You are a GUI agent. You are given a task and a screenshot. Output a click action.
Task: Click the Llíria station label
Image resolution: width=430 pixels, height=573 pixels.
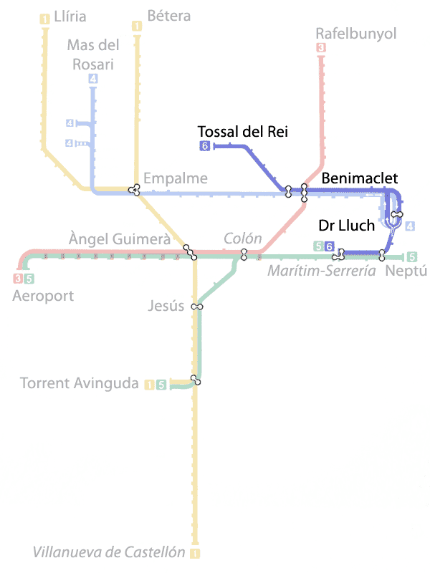point(70,16)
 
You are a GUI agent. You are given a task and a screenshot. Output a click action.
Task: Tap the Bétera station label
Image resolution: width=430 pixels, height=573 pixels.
point(168,16)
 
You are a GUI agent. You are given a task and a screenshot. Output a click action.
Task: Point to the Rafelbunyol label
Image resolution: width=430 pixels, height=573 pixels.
point(355,34)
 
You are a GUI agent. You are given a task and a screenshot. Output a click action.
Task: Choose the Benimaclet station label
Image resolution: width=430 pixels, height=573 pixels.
point(359,178)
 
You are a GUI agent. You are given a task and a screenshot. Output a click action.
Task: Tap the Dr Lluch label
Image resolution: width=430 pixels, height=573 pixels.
point(346,226)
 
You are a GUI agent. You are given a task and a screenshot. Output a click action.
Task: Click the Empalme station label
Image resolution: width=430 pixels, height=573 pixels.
point(175,178)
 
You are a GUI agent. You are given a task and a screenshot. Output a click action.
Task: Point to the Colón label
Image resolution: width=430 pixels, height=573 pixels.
point(242,238)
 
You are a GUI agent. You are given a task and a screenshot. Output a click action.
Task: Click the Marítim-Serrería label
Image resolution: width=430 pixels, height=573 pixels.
point(321,271)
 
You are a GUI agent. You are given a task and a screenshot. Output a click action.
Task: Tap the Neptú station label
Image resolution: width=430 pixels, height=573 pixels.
point(406,271)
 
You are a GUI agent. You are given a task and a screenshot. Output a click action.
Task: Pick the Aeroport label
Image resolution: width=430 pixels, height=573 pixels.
point(43,295)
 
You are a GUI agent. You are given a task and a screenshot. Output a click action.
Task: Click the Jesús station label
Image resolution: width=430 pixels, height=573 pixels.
point(166,306)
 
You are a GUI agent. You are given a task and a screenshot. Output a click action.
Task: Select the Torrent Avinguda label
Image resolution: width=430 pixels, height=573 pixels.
point(80,383)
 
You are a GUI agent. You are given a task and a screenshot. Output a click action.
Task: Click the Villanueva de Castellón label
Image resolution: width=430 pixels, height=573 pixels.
point(108,552)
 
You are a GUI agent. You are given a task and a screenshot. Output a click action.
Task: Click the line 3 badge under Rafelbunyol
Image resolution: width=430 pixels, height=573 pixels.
point(320,48)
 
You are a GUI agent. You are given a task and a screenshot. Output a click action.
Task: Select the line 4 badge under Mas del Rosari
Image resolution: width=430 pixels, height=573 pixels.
point(93,79)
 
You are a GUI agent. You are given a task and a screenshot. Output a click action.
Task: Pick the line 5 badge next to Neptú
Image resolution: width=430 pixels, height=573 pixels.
point(411,256)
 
